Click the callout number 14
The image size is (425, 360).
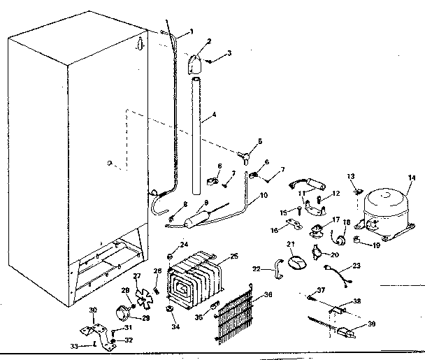tap(411, 179)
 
